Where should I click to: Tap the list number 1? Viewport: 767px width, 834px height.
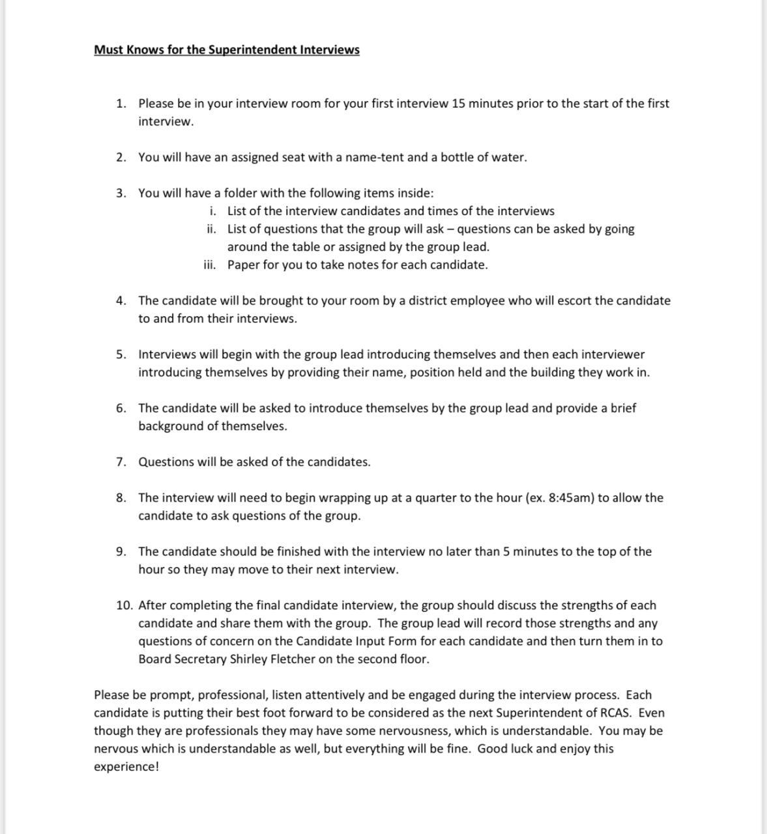[121, 104]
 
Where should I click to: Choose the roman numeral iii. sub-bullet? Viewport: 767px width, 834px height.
[209, 265]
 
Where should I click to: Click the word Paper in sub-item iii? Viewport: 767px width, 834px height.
[243, 265]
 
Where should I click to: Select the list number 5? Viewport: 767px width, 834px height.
[121, 355]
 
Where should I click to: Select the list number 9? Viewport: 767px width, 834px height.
[121, 552]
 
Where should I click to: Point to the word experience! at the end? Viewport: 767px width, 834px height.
[126, 767]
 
